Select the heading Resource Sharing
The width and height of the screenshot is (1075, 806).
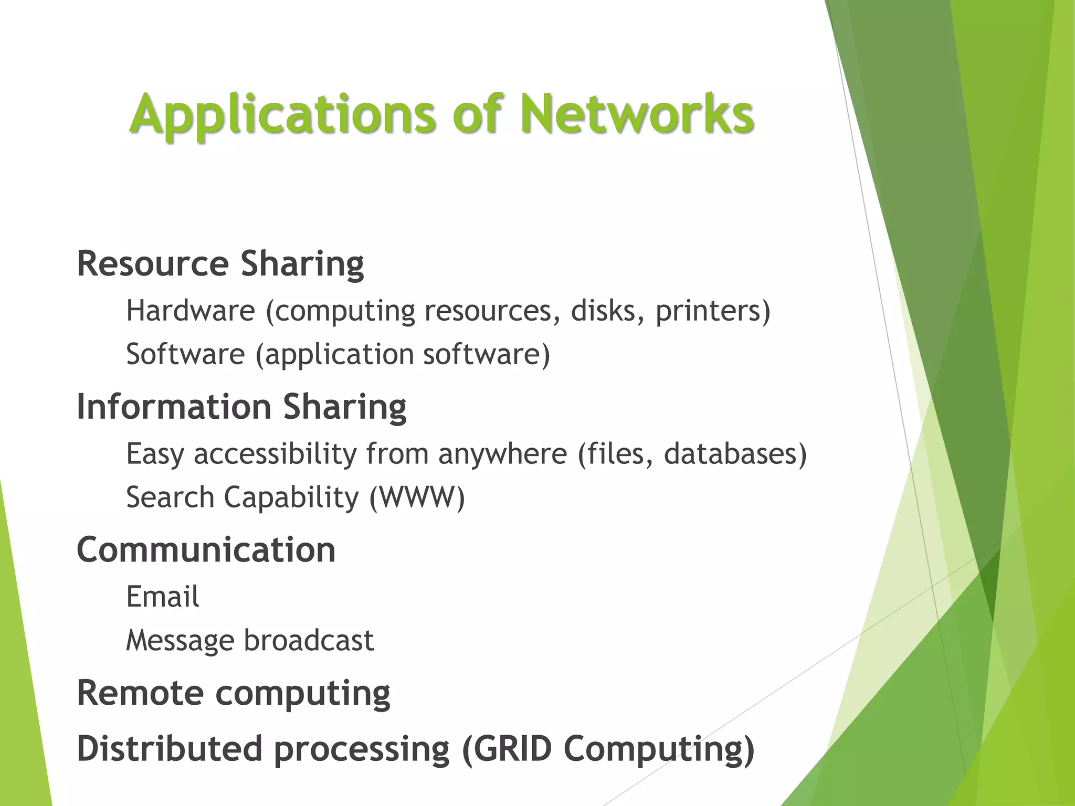click(220, 263)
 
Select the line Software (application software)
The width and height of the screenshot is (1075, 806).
click(338, 354)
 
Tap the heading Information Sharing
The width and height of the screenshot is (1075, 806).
click(241, 406)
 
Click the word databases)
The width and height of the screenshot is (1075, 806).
click(735, 453)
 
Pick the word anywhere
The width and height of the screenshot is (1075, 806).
click(502, 453)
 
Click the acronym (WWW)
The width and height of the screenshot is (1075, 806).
click(417, 497)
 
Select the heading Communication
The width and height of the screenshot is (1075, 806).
click(206, 549)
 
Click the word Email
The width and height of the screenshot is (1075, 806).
click(162, 597)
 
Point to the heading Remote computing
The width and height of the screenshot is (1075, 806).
click(233, 693)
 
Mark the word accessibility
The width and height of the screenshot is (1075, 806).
click(275, 453)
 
